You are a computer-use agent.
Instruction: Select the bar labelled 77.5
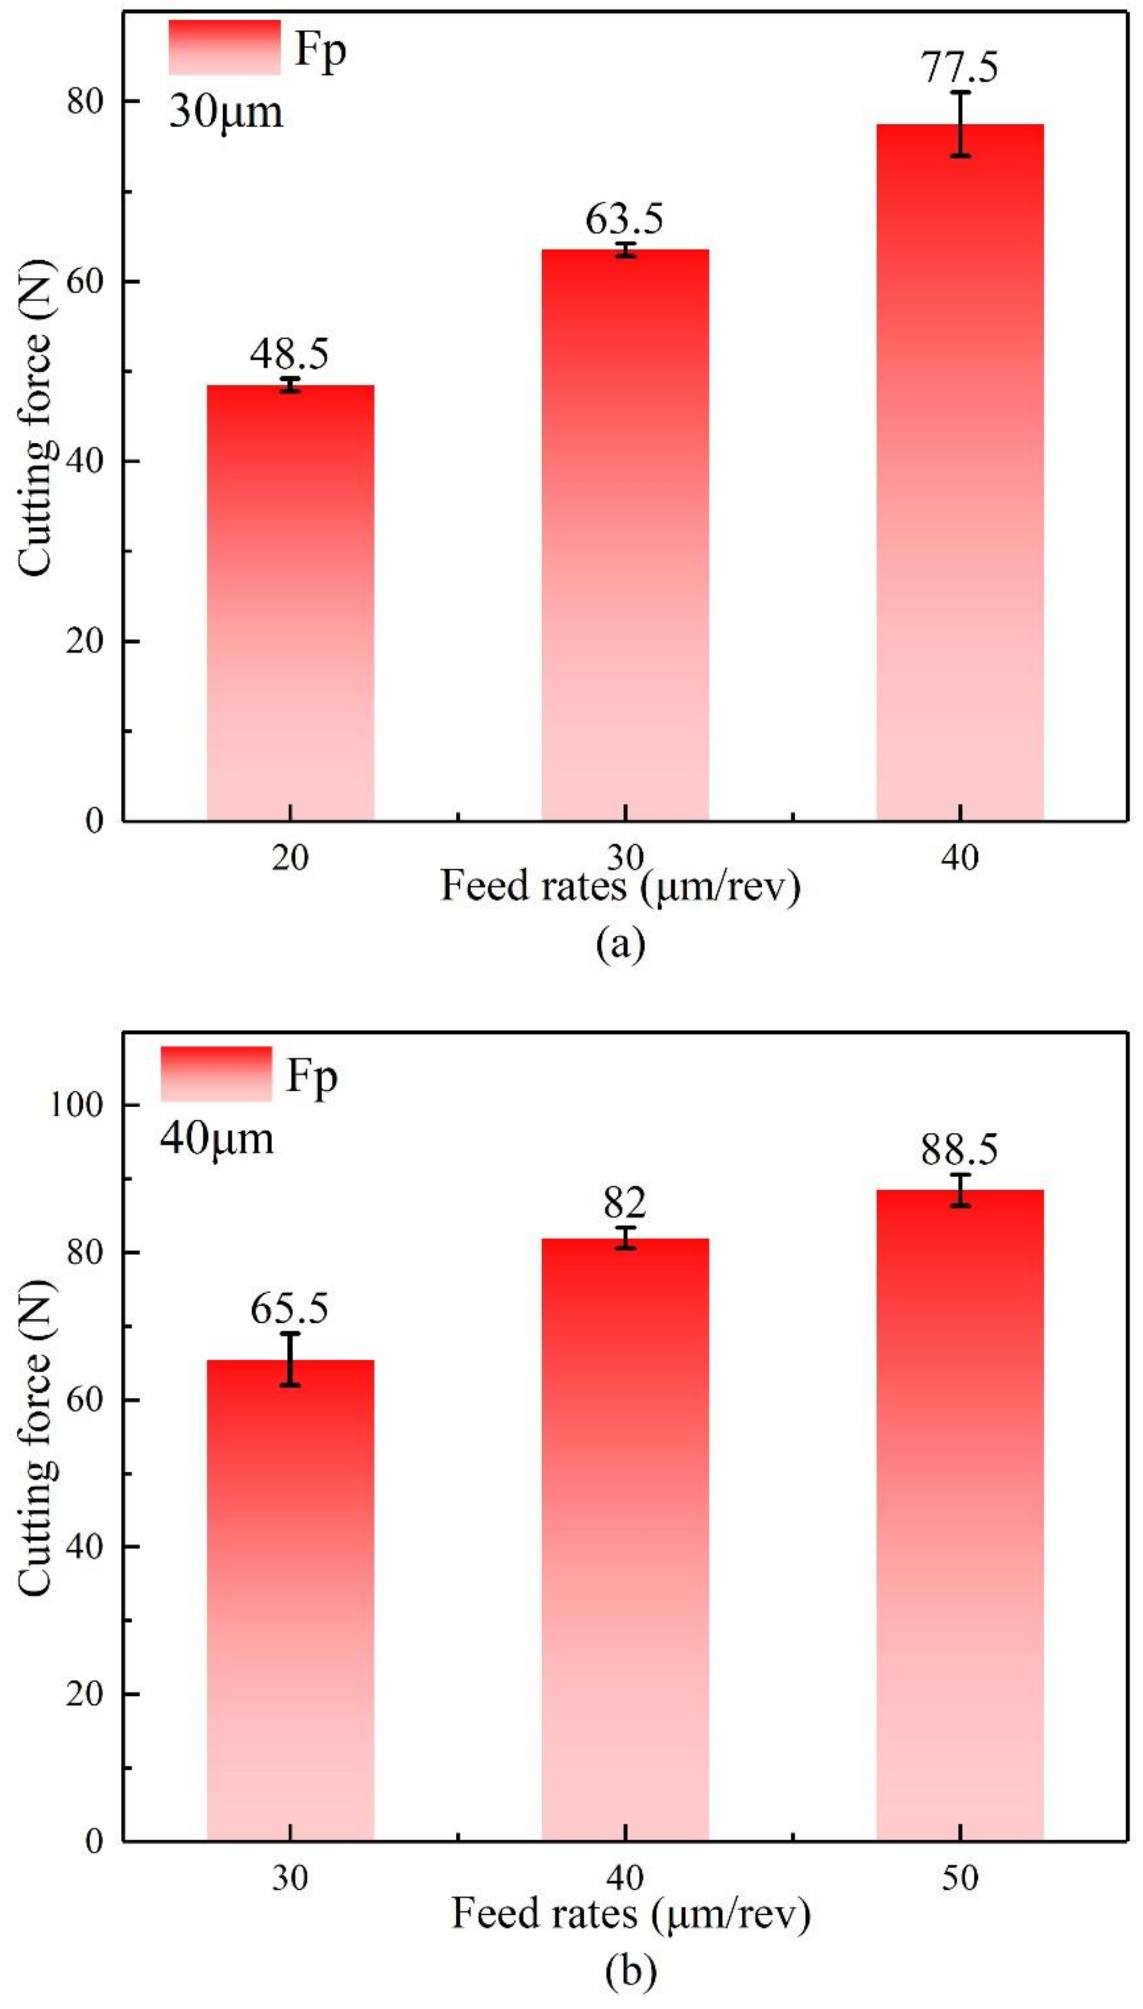[959, 471]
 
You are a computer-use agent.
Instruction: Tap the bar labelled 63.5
[625, 534]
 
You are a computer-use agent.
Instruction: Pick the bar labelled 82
[625, 1538]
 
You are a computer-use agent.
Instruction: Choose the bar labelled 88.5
[959, 1515]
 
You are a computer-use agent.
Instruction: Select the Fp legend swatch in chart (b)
[216, 1073]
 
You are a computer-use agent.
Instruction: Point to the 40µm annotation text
[217, 1138]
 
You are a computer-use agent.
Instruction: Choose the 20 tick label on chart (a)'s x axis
[289, 858]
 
